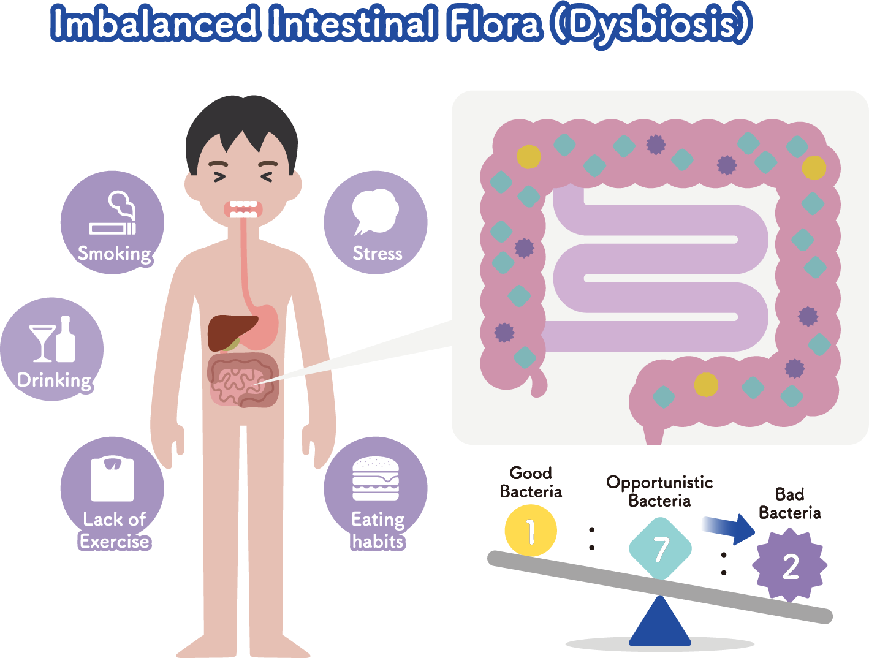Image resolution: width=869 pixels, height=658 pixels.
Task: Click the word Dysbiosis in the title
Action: coord(651,25)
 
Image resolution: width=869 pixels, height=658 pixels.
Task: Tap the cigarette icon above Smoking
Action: coord(113,228)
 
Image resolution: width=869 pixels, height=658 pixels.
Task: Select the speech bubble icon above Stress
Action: coord(375,211)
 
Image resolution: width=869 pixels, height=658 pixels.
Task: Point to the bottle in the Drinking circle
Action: coord(66,340)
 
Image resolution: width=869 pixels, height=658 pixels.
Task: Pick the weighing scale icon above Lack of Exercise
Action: coord(112,478)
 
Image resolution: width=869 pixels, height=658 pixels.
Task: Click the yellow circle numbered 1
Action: coord(531,531)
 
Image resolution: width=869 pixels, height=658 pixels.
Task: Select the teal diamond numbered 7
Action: coord(660,548)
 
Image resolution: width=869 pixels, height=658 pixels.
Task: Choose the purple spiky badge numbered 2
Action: coord(790,565)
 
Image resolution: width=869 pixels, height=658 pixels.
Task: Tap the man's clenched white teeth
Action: coord(243,209)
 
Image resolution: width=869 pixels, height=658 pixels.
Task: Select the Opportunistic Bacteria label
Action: coord(659,491)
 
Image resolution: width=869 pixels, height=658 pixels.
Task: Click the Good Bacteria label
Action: coord(531,482)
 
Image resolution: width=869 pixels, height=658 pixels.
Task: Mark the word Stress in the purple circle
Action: coord(378,253)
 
